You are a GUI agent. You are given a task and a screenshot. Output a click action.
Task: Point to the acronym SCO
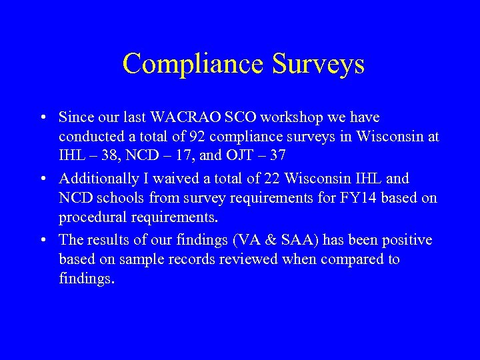(241, 118)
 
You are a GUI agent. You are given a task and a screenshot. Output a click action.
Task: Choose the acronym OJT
(241, 157)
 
